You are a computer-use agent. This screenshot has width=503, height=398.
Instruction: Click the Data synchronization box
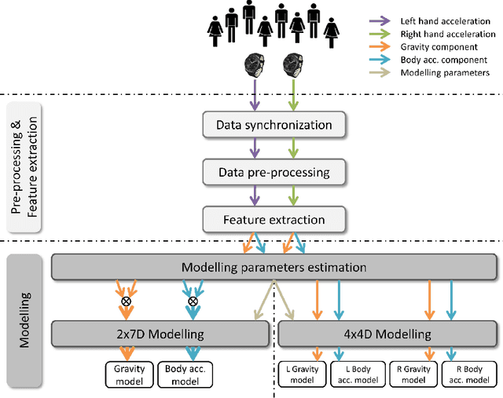point(274,125)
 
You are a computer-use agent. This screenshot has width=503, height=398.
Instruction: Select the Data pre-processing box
point(274,172)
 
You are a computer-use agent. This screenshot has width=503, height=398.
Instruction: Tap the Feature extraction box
point(274,219)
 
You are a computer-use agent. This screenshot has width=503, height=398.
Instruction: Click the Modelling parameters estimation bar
point(274,267)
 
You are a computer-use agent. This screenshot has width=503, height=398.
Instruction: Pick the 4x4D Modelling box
point(388,334)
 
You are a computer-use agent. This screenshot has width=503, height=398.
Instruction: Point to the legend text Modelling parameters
point(445,72)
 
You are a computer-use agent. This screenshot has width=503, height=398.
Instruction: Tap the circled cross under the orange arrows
point(125,301)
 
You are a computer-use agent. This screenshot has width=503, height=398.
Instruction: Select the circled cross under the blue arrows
point(192,301)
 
